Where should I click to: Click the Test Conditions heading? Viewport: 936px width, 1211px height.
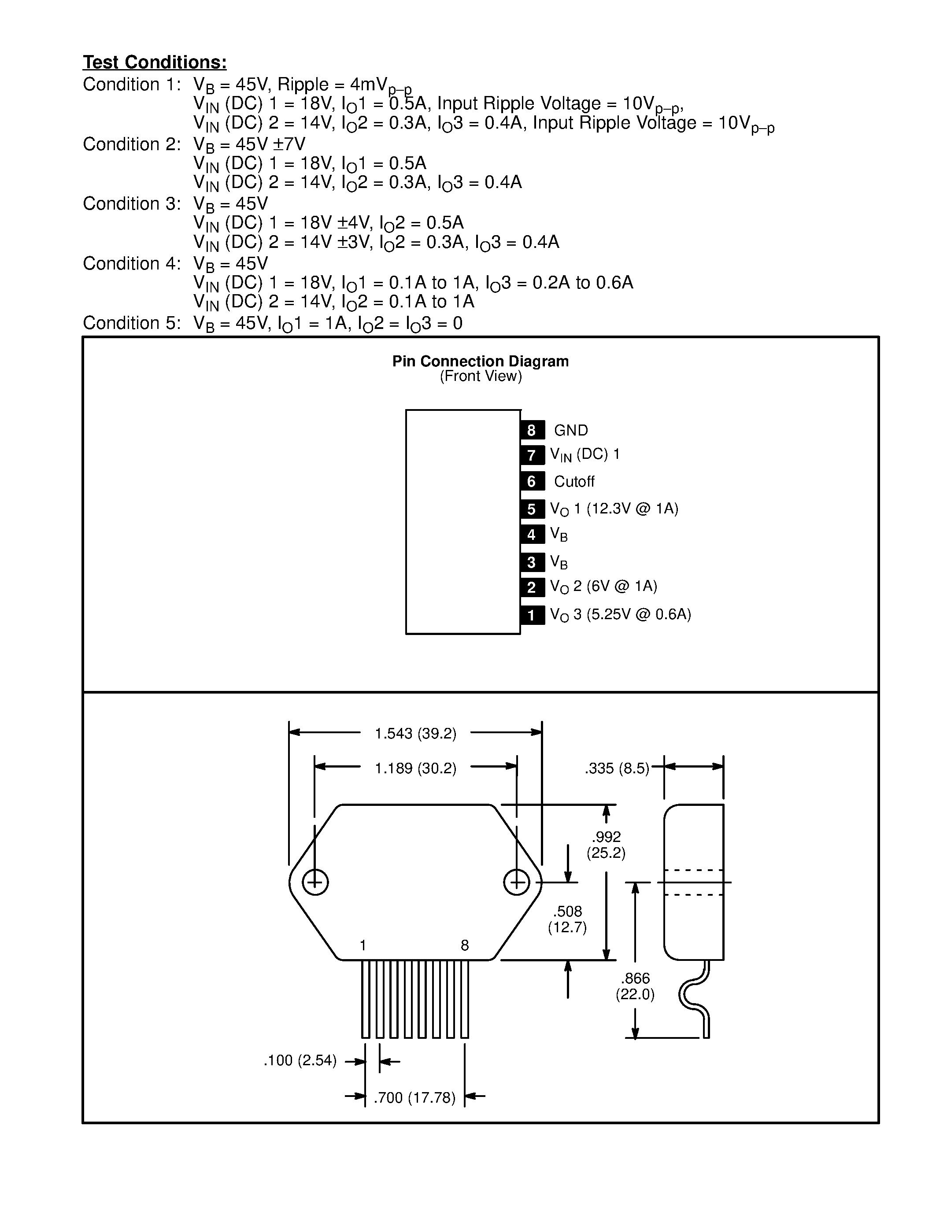(x=155, y=62)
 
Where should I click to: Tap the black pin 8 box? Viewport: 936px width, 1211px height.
(x=532, y=430)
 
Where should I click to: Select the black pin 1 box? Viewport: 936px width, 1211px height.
(x=532, y=615)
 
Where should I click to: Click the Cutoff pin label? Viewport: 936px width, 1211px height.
(x=574, y=481)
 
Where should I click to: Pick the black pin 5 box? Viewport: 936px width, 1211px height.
(x=532, y=509)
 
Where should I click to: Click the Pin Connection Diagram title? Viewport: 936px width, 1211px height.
(x=480, y=362)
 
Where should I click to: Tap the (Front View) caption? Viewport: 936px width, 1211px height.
(x=481, y=377)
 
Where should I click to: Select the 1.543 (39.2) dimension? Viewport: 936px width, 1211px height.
(x=415, y=734)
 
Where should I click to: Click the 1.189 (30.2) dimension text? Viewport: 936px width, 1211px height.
(x=415, y=768)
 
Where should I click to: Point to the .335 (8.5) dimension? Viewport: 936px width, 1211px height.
(x=617, y=768)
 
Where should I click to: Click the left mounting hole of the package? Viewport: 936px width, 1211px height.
(x=315, y=882)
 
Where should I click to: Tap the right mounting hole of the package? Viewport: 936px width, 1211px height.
(x=516, y=882)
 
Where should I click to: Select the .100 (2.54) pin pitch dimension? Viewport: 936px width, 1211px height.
(x=300, y=1061)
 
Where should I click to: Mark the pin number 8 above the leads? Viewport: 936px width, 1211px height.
(x=465, y=945)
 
